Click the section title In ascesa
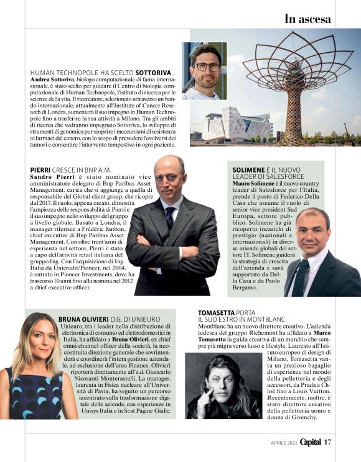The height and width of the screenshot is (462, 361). coord(307,18)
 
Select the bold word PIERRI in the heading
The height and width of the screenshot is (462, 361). coord(40,170)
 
